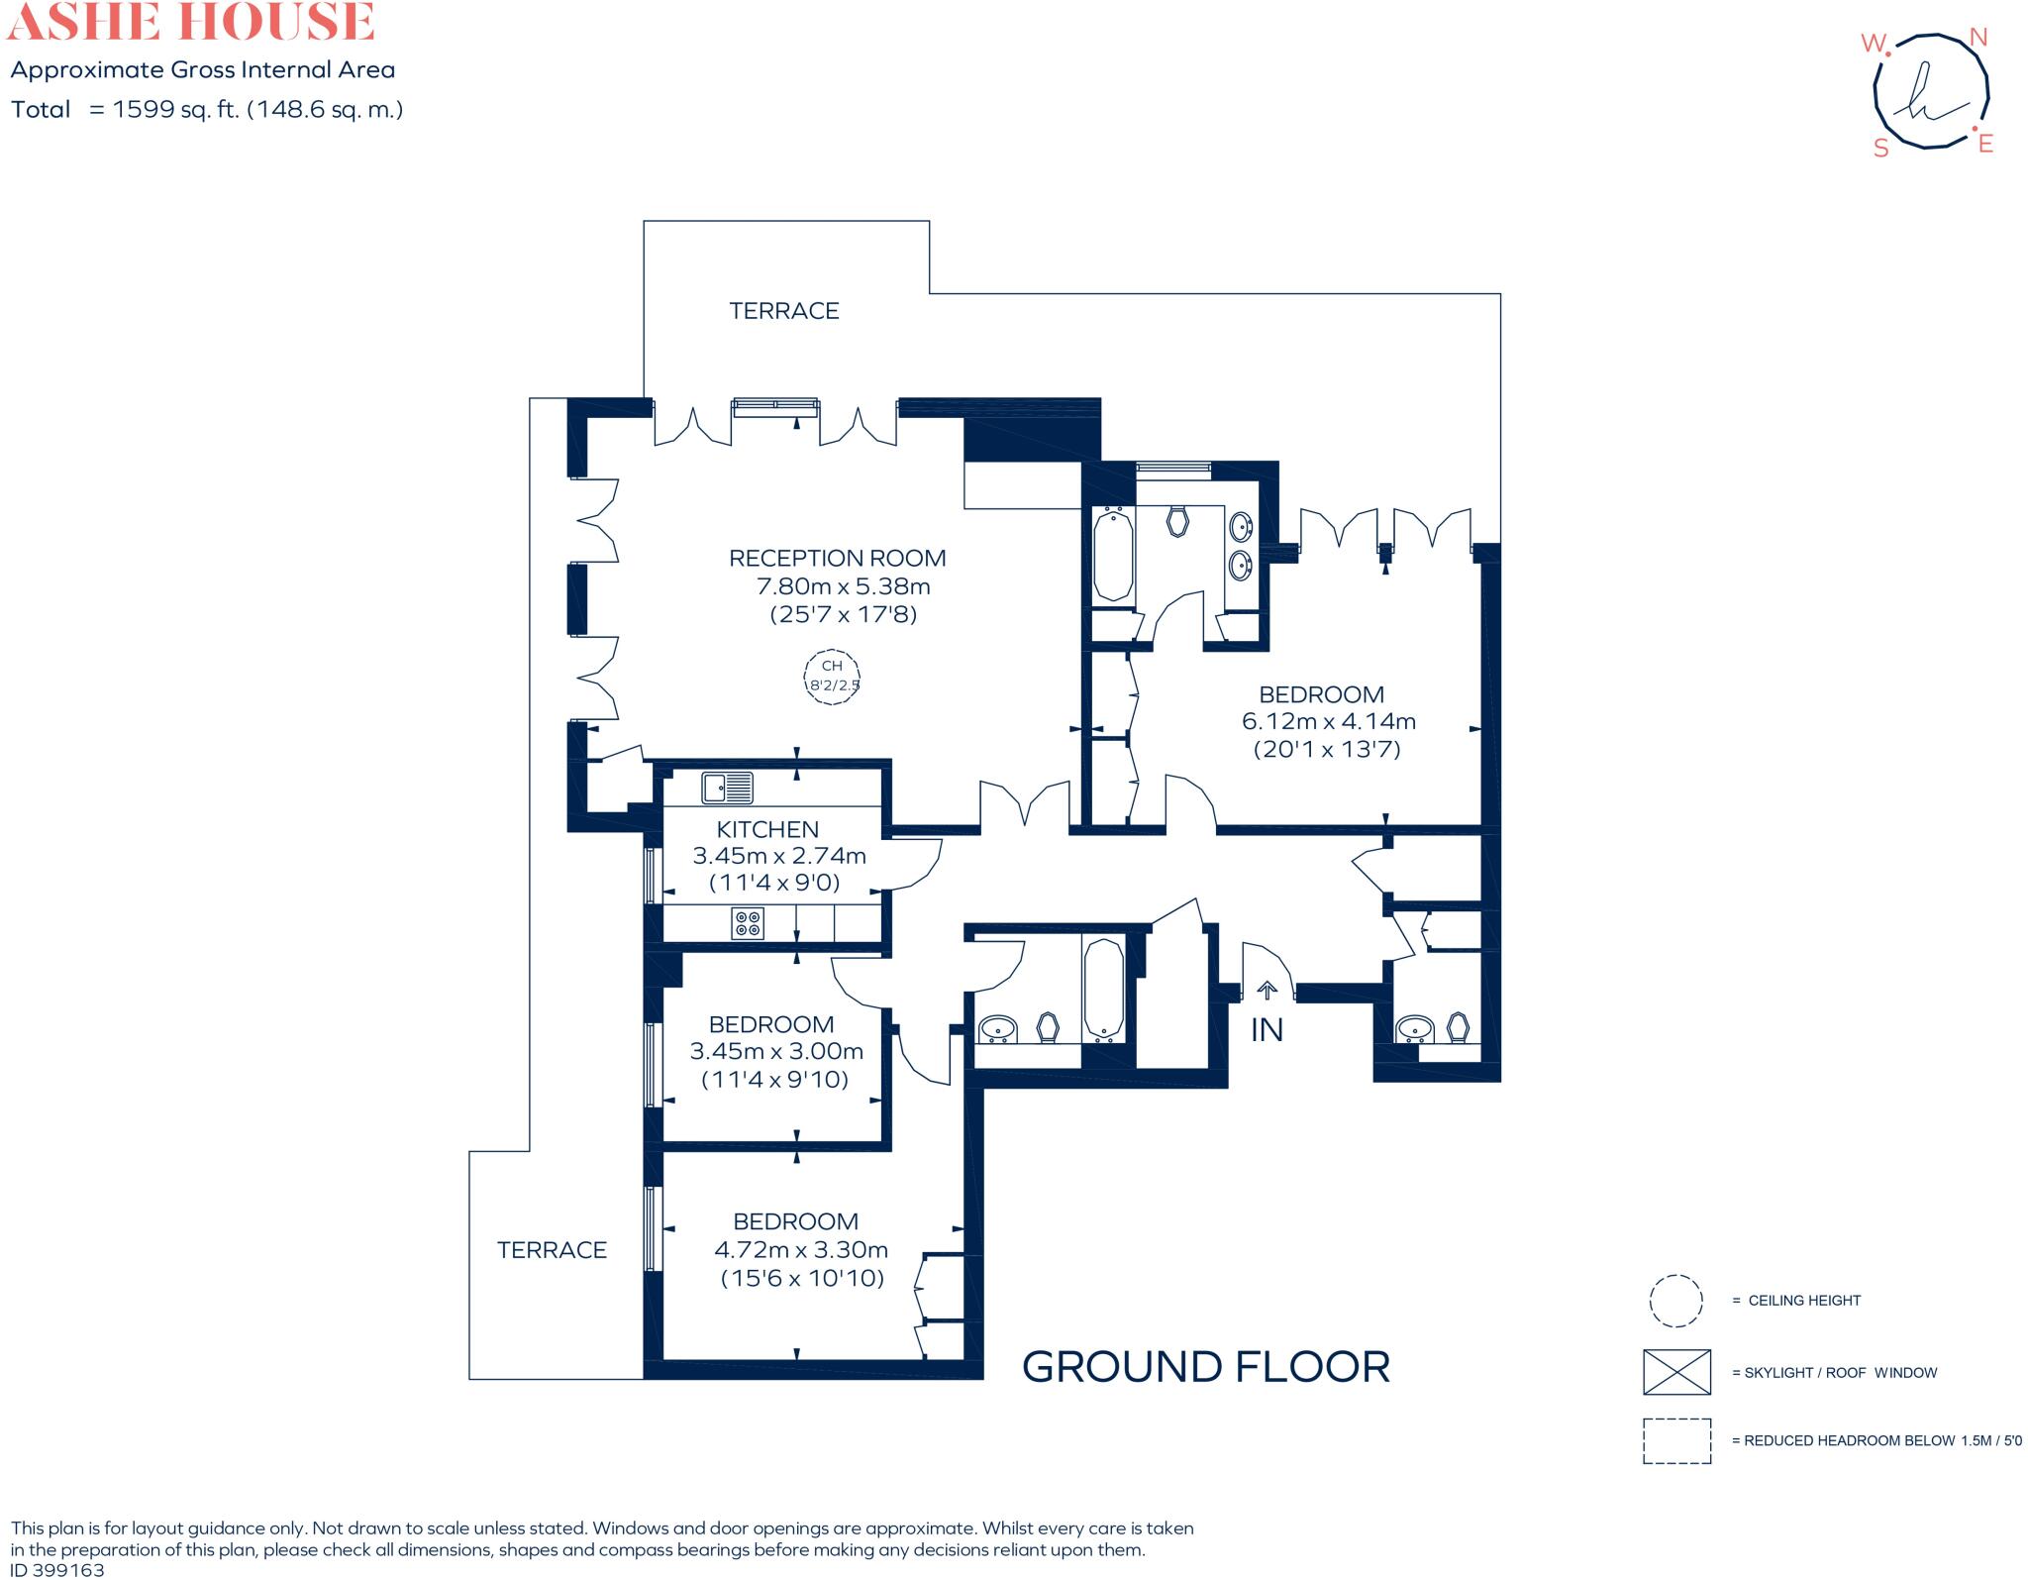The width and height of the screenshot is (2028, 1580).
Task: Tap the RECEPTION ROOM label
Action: (838, 558)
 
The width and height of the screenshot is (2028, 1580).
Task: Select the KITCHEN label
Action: (767, 829)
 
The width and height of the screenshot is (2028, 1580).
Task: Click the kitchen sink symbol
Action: (728, 788)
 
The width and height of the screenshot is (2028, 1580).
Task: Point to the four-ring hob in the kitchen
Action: (748, 923)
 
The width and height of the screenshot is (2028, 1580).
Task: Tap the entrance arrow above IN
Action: (1267, 990)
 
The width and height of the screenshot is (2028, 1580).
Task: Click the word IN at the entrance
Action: (1267, 1030)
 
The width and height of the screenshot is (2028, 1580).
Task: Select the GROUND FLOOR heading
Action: (1206, 1367)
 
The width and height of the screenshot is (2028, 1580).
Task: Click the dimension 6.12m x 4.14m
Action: (1329, 721)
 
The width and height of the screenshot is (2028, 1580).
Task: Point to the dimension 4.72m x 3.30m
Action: (801, 1249)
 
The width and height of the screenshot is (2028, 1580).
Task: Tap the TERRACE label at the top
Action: (784, 311)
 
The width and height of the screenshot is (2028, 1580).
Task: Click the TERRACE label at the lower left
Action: (552, 1250)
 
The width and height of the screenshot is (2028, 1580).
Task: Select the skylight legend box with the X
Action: (1676, 1372)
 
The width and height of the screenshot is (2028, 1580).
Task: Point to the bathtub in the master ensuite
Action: (1114, 555)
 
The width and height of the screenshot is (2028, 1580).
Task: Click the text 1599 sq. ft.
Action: (176, 109)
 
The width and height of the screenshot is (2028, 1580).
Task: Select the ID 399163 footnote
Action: (56, 1570)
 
